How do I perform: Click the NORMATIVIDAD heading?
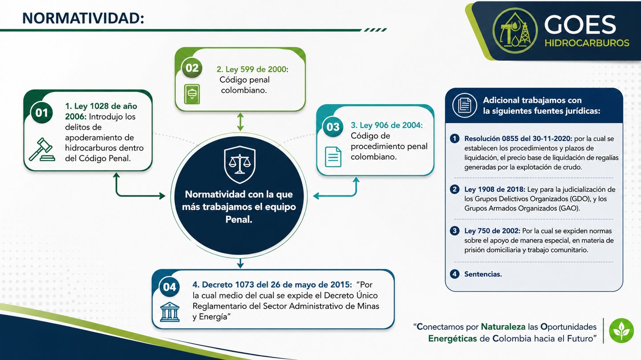[83, 18]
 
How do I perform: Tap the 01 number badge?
[42, 113]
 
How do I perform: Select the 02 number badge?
[192, 68]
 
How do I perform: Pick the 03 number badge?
[333, 127]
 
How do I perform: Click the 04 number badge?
[170, 287]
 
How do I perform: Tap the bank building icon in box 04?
[170, 311]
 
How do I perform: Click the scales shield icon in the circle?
[239, 164]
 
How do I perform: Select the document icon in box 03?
[333, 157]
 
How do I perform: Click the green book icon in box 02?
[192, 93]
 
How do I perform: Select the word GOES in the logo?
[580, 24]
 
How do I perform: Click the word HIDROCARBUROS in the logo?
[587, 43]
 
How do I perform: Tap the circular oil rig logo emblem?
[515, 30]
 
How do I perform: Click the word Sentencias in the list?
[483, 274]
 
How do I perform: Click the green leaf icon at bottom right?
[621, 331]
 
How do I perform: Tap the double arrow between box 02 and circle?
[240, 121]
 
